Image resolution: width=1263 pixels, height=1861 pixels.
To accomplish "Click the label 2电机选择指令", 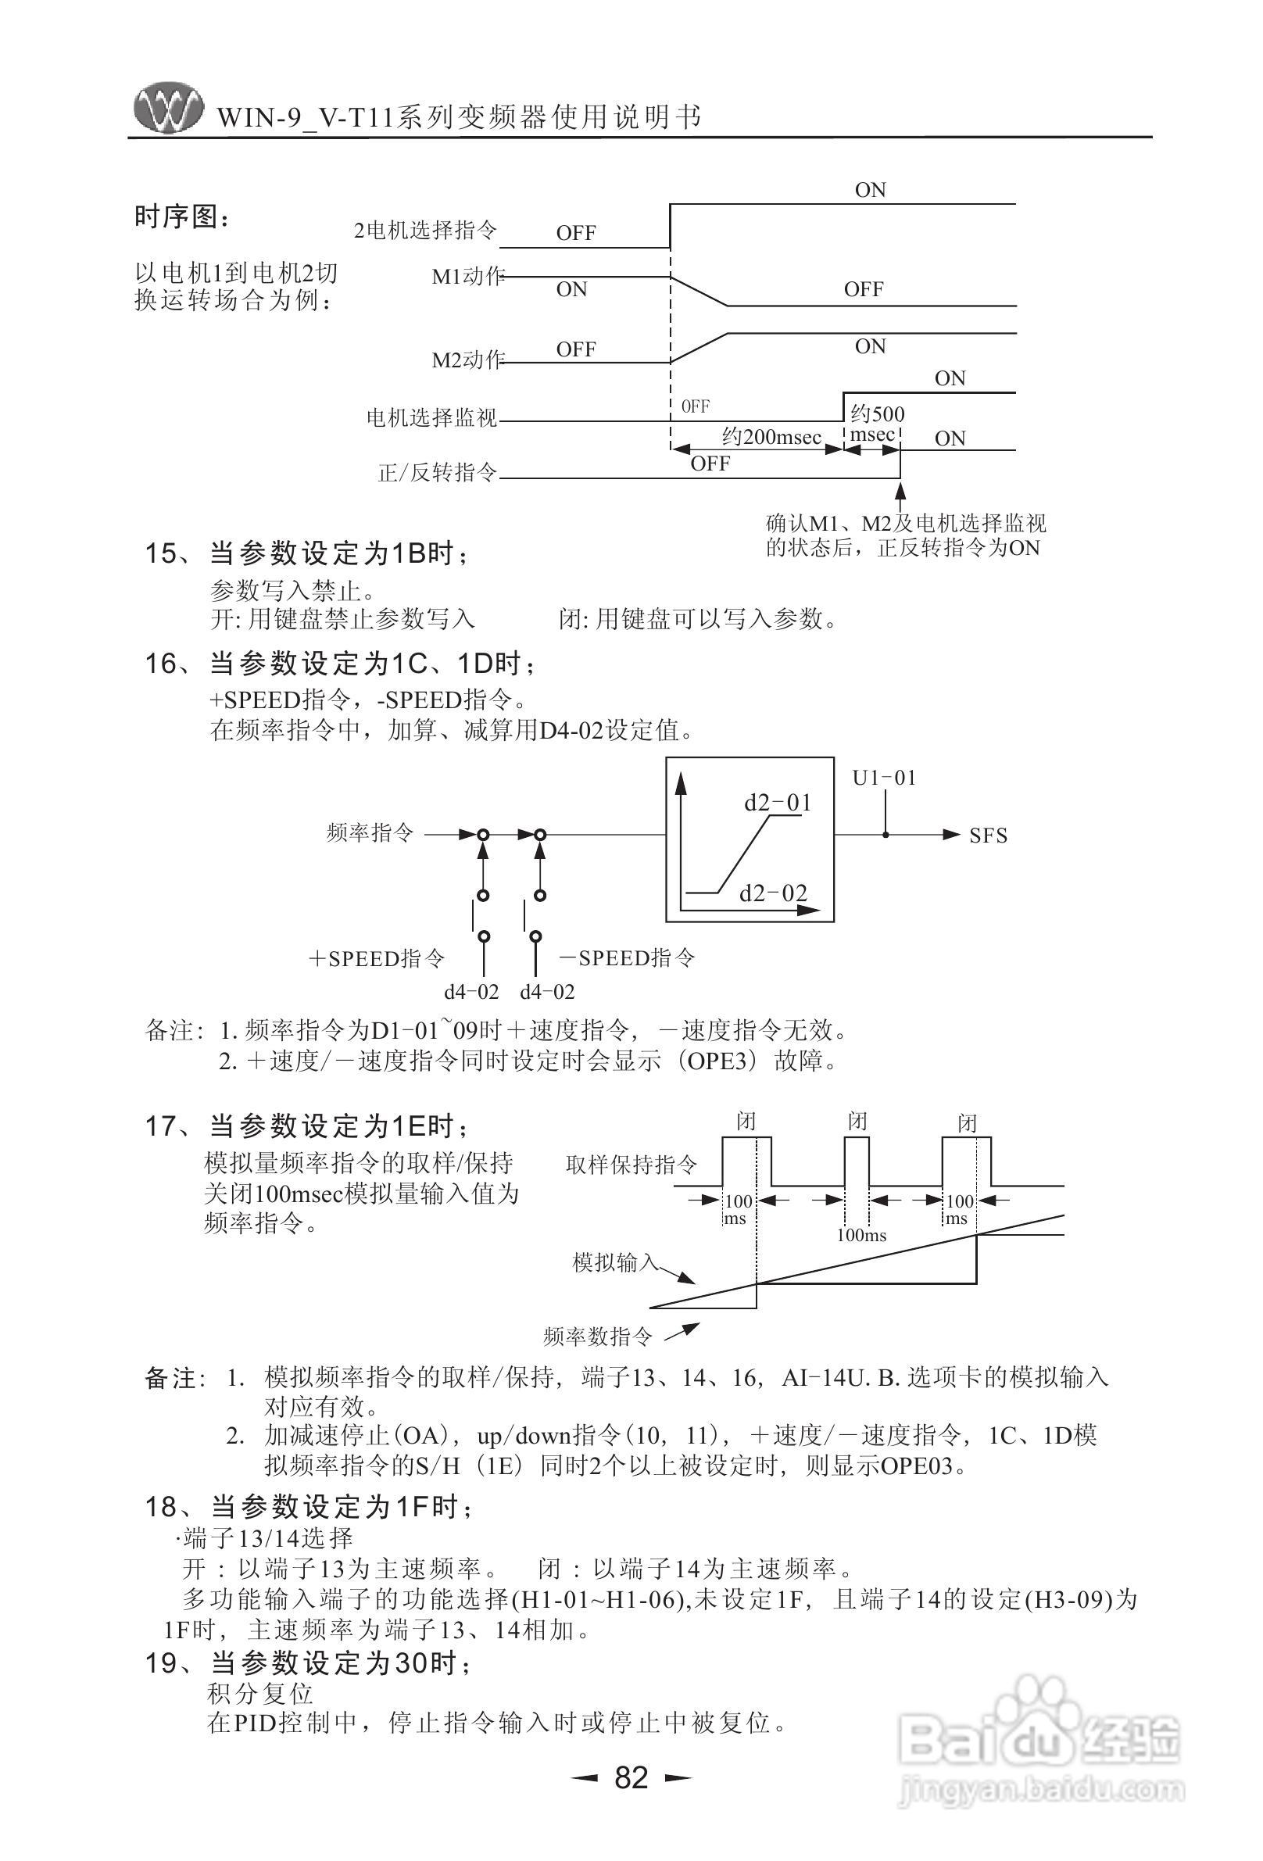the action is coord(425,231).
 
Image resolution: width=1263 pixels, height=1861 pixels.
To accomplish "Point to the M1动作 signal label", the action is coord(467,277).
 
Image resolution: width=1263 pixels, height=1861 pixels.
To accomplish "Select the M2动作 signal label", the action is coord(467,360).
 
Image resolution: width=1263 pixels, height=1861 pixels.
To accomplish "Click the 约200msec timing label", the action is coord(771,436).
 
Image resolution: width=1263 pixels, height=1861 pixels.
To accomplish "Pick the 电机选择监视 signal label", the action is coord(431,417).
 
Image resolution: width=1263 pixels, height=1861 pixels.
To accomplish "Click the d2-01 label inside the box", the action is coord(777,803).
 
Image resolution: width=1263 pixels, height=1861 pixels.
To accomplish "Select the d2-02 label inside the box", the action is coord(772,893).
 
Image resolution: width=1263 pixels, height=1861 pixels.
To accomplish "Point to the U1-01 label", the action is coord(883,778).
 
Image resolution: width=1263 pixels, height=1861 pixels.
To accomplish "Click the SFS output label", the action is coord(987,836).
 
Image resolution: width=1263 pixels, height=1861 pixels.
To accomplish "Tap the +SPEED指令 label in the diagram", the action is coord(377,958).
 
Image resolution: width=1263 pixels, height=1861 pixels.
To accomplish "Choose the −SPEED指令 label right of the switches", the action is coord(626,957).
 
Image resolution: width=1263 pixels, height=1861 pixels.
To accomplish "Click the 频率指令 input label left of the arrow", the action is coord(369,833).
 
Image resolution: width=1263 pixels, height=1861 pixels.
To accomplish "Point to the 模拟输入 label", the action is coord(614,1263).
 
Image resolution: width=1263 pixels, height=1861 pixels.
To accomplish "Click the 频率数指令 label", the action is coord(597,1336).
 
